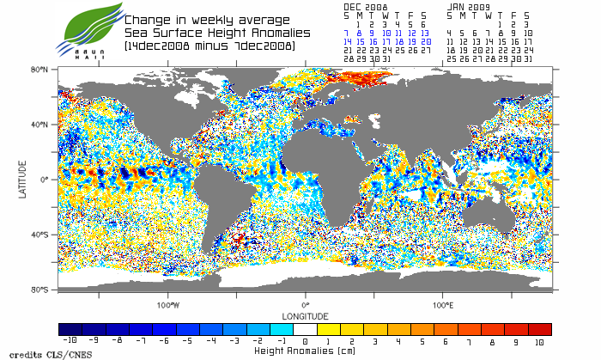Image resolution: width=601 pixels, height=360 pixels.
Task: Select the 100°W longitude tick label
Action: (x=168, y=305)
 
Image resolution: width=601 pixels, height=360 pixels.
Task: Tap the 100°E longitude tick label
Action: (x=442, y=305)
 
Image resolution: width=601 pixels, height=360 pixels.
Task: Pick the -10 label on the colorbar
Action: (x=70, y=340)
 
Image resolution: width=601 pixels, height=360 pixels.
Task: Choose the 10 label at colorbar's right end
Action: (x=539, y=340)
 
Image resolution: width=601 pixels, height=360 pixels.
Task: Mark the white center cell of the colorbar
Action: (x=305, y=329)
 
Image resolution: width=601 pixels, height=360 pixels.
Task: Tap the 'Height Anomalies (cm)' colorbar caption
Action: (x=305, y=351)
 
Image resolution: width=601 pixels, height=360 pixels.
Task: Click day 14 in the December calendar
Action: (x=348, y=41)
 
